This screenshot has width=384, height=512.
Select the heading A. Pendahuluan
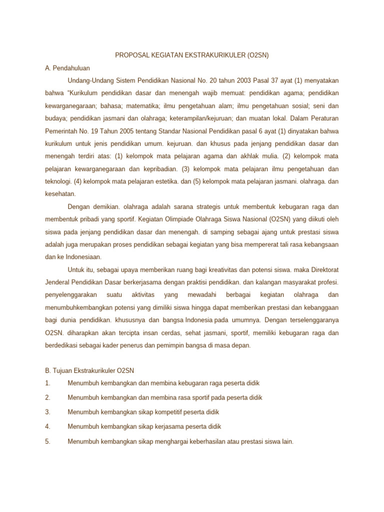click(x=67, y=68)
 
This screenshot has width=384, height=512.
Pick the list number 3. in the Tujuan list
click(x=47, y=412)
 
